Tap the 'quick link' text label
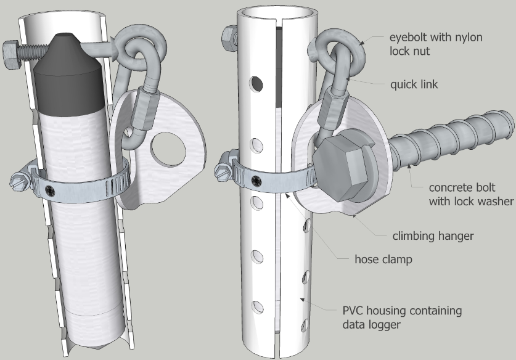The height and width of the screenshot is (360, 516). (414, 84)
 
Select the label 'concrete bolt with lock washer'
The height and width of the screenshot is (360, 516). (472, 194)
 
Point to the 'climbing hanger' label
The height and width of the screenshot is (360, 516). (433, 235)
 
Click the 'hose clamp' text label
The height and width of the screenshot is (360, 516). (383, 260)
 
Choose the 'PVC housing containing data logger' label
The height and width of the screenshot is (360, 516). (401, 317)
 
